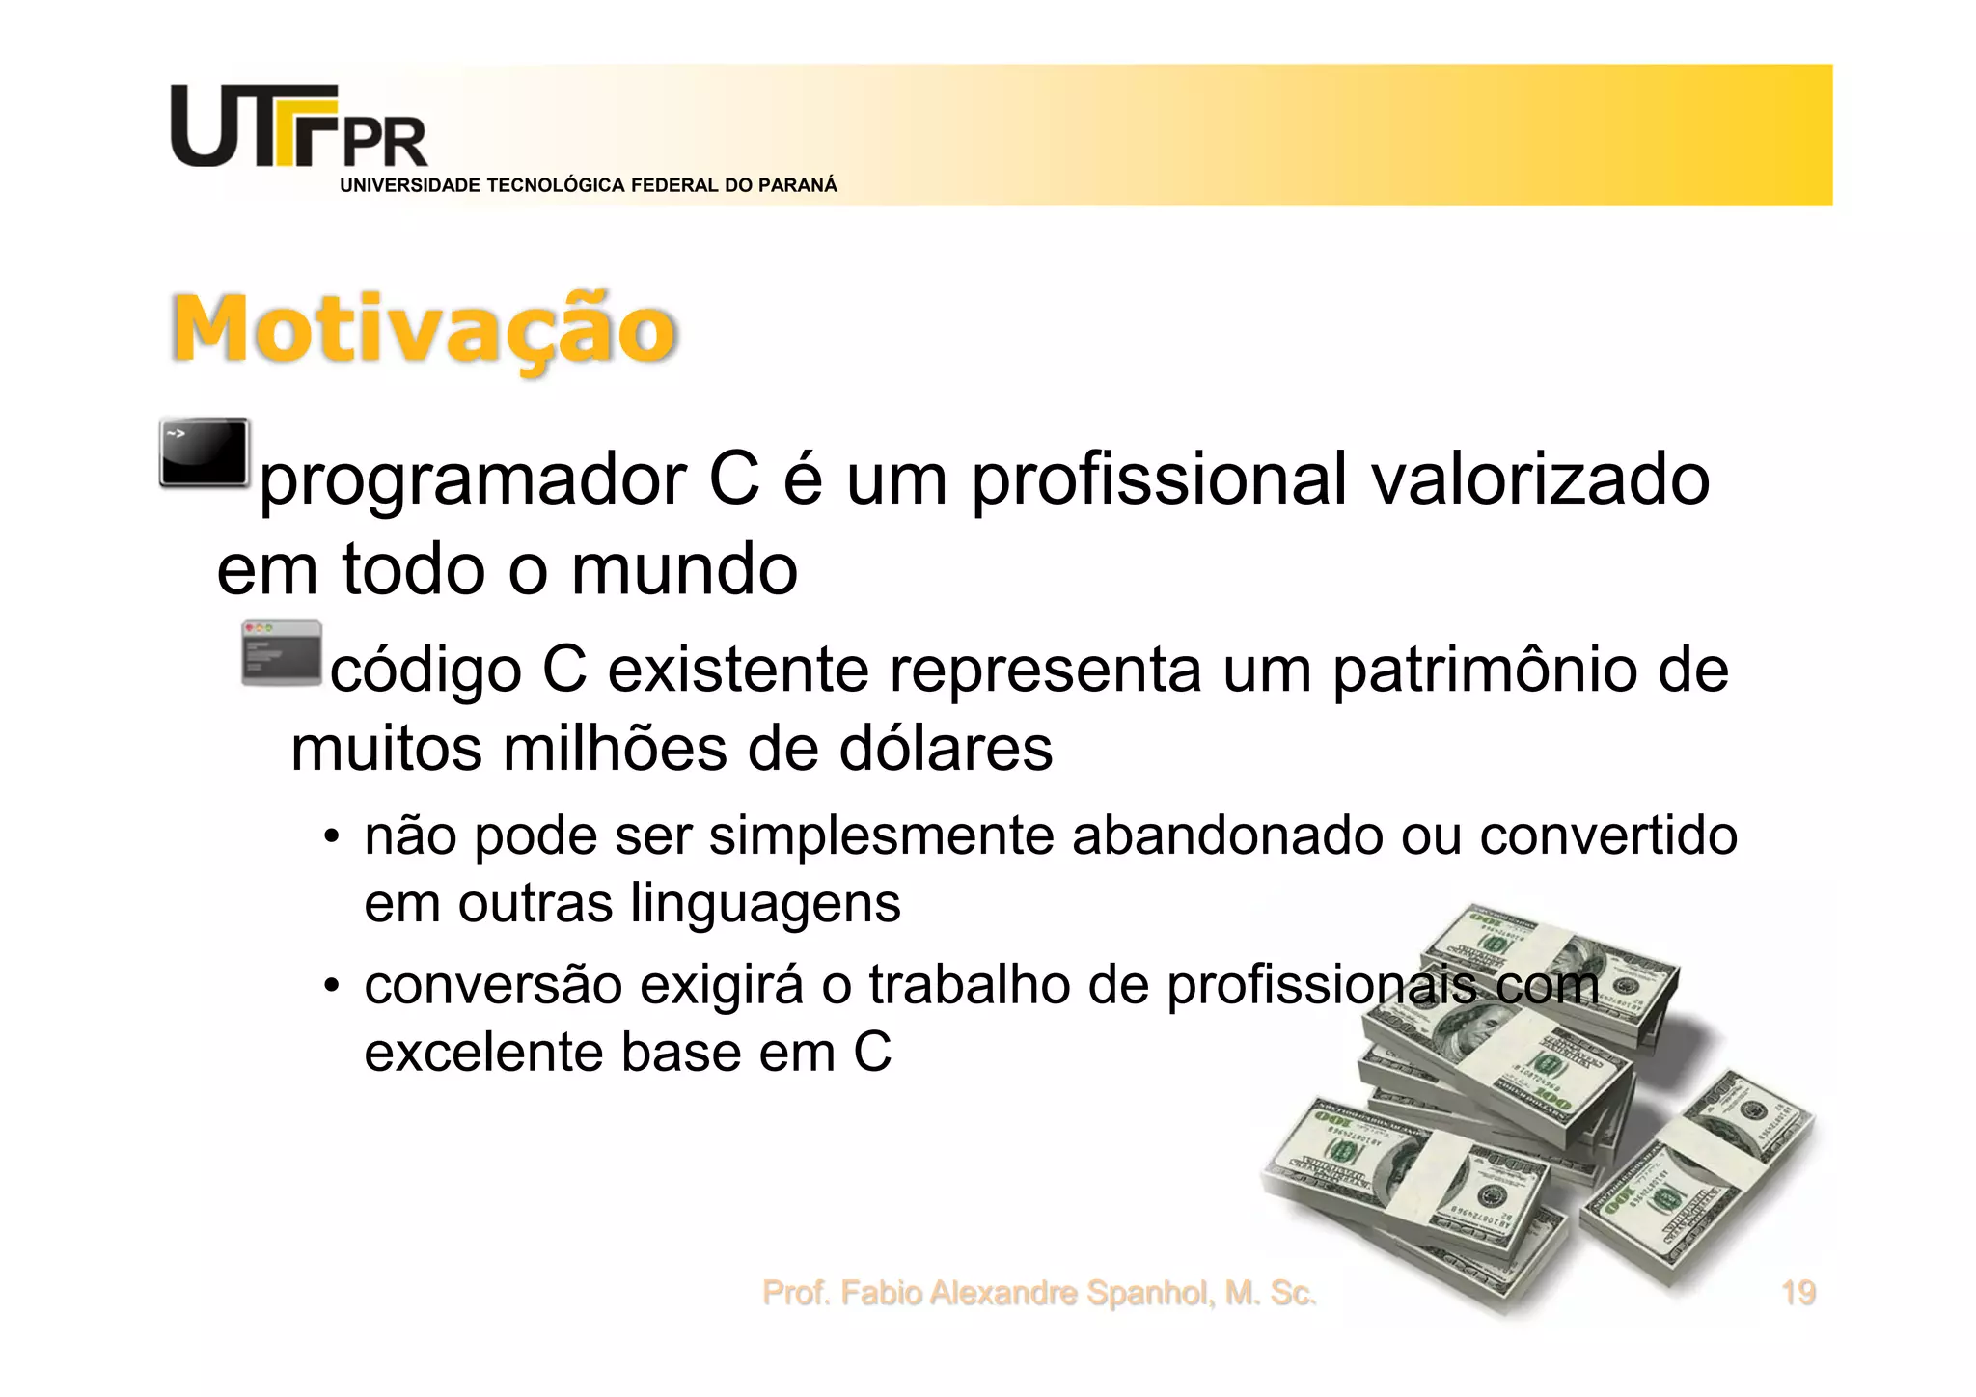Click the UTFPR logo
(x=299, y=128)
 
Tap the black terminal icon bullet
(x=205, y=452)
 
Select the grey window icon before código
(x=281, y=653)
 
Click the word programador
(x=474, y=480)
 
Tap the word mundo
(x=684, y=569)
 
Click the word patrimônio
(x=1484, y=670)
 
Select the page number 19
(x=1798, y=1293)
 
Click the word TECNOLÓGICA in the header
(x=556, y=186)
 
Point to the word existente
(x=737, y=670)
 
